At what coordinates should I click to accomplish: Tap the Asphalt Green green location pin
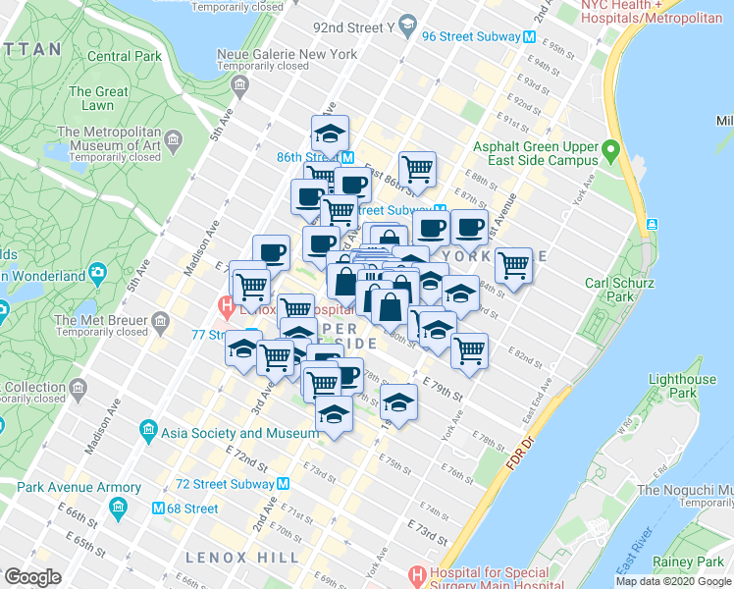tap(611, 152)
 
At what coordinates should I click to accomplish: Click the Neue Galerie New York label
tap(288, 54)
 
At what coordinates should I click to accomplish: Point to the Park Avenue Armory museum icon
tap(119, 508)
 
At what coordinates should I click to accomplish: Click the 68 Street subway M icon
tap(157, 509)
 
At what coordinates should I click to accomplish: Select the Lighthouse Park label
tap(683, 387)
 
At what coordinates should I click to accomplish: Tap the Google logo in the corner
tap(32, 577)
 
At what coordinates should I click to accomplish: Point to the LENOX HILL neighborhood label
tap(242, 558)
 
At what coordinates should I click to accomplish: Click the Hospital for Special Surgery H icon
tap(418, 573)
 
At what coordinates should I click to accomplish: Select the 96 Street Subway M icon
tap(529, 36)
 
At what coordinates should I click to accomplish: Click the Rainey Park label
tap(701, 562)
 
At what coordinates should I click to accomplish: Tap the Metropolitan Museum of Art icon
tap(174, 144)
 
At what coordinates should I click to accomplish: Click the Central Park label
tap(125, 56)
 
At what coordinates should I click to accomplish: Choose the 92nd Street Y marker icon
tap(410, 27)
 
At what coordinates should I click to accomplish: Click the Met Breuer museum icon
tap(159, 320)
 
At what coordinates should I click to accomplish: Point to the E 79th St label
tap(443, 391)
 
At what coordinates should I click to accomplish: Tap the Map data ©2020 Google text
tap(673, 581)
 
